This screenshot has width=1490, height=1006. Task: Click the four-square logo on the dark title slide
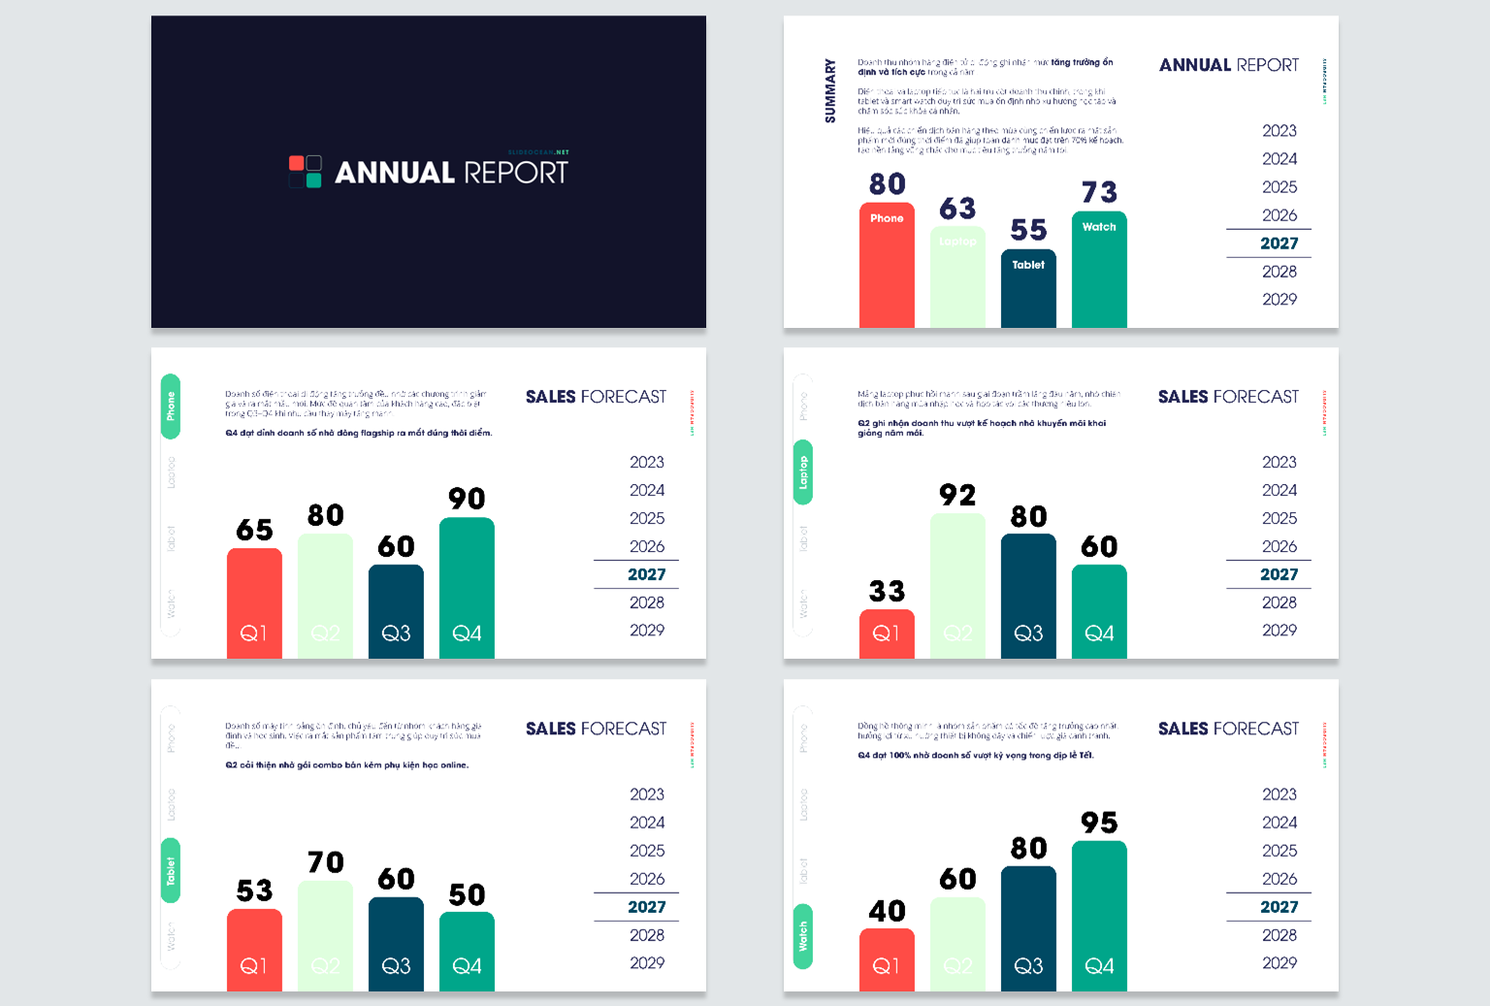[306, 172]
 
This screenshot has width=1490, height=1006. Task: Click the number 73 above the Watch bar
[1099, 192]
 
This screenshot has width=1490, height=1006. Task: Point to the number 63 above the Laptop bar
[957, 209]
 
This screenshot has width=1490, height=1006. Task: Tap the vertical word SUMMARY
[830, 91]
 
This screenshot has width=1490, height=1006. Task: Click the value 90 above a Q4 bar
[467, 499]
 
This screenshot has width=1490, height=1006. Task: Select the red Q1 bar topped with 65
[254, 601]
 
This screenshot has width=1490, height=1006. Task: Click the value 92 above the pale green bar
[957, 495]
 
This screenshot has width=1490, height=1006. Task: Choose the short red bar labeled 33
[887, 633]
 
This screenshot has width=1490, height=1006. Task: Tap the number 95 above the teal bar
[1099, 823]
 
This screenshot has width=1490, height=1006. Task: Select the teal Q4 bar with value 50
[467, 951]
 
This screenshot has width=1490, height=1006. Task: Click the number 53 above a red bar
[254, 891]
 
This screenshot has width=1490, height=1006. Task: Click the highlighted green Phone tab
[171, 406]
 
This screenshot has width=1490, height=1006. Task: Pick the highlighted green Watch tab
[803, 936]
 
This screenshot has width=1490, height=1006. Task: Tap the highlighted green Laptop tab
[803, 472]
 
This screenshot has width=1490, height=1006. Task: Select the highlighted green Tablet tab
[171, 870]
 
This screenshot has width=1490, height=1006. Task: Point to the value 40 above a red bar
[887, 911]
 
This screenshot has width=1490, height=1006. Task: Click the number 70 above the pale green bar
[325, 862]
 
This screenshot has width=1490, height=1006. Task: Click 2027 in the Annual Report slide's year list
[1279, 243]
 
